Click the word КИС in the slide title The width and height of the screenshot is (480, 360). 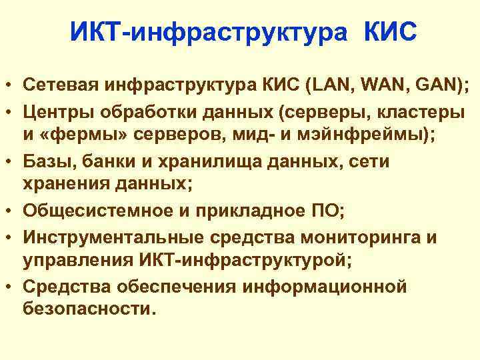pyautogui.click(x=390, y=31)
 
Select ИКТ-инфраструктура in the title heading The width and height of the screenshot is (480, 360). pyautogui.click(x=209, y=31)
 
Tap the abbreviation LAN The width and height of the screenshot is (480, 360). pyautogui.click(x=327, y=85)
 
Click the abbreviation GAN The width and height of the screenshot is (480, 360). pyautogui.click(x=434, y=85)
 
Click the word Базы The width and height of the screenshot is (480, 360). pyautogui.click(x=45, y=162)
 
